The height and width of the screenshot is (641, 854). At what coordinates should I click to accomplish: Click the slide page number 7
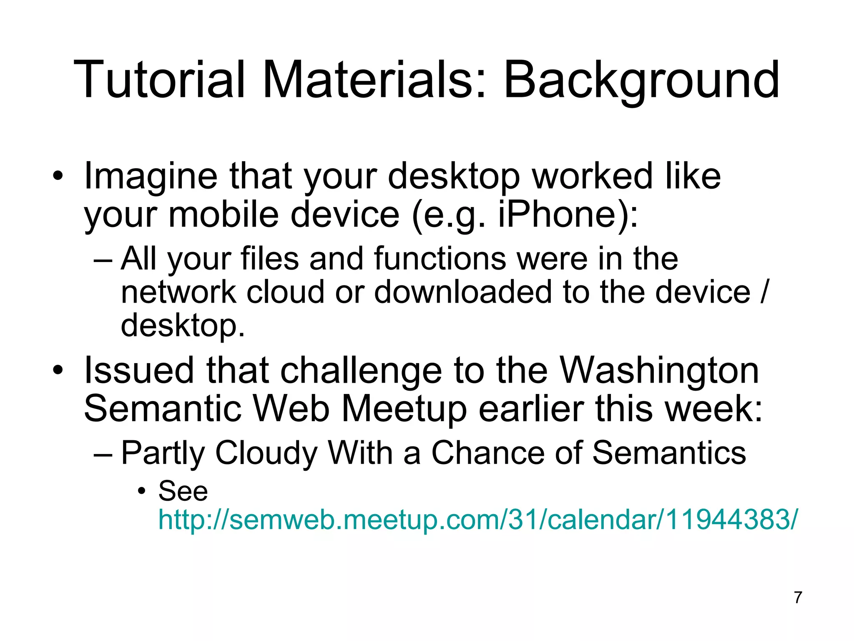click(x=798, y=597)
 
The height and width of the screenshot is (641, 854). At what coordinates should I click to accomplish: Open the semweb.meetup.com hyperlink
click(x=477, y=520)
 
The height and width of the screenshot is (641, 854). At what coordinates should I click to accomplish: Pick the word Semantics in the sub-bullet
click(x=669, y=453)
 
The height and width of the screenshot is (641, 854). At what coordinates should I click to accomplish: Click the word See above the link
click(x=183, y=491)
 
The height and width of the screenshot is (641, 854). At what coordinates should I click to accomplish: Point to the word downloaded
click(x=463, y=292)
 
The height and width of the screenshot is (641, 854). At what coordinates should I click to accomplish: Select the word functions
click(x=440, y=259)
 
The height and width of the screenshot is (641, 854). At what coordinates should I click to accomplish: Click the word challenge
click(x=361, y=371)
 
